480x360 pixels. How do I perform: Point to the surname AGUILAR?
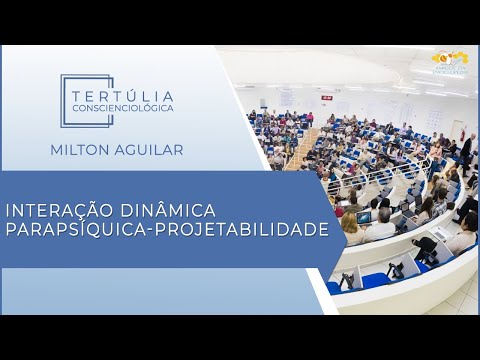pos(149,150)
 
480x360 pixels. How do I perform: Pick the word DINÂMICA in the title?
pos(165,211)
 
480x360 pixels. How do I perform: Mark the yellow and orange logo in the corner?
pos(449,60)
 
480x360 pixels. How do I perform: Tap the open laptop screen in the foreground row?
pos(364,217)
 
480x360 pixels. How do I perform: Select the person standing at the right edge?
pos(466,150)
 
